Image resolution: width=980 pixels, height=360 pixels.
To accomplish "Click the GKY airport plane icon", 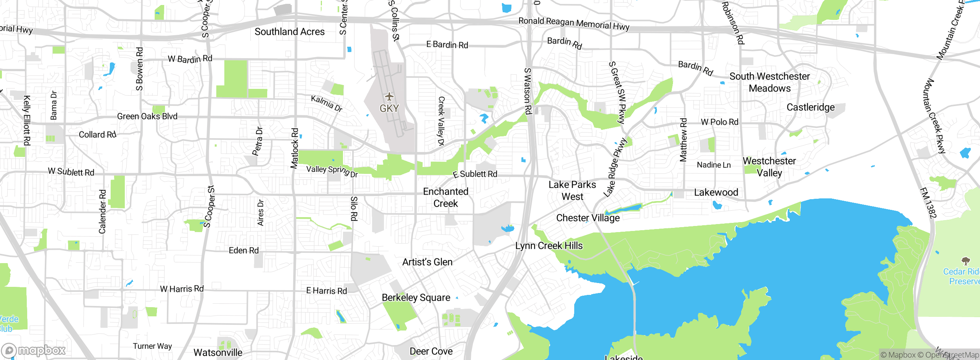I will click(389, 96).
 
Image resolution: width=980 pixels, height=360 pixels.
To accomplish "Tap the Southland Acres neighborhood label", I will click(289, 32).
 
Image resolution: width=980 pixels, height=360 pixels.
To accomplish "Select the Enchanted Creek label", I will click(446, 197).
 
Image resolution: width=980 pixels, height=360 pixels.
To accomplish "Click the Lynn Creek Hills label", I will click(549, 245).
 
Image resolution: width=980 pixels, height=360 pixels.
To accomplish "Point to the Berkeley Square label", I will click(416, 298).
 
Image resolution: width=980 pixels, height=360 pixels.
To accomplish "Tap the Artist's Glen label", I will click(427, 262).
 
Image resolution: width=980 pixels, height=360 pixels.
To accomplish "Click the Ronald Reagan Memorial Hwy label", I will click(573, 23).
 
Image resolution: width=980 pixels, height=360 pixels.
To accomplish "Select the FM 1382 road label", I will click(928, 203).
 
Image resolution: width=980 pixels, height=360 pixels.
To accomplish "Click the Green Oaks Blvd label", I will click(147, 116).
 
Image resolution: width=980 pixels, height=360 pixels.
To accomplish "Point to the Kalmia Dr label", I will click(327, 103).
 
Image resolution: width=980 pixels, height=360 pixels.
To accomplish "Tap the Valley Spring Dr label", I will click(332, 171).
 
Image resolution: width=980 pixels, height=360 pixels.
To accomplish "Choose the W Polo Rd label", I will click(719, 122).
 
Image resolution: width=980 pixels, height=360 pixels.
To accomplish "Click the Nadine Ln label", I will click(714, 165).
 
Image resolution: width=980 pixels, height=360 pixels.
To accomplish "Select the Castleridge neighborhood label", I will click(810, 107).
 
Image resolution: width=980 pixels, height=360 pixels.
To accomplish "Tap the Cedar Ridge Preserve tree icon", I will click(965, 261).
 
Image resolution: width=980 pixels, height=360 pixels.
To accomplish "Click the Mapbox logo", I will click(34, 350).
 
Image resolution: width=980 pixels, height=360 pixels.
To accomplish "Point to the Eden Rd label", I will click(243, 250).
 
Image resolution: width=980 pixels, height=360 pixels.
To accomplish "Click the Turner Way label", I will click(152, 346).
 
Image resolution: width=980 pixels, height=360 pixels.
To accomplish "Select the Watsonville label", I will click(218, 352).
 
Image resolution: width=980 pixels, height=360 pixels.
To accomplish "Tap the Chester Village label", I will click(588, 218).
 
